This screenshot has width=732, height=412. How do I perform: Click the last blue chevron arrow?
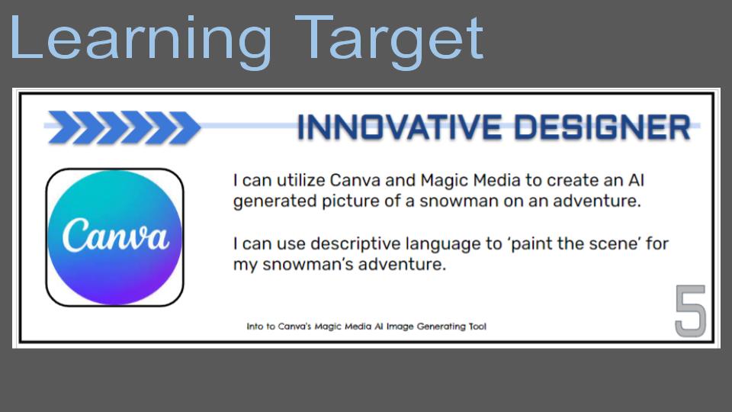click(185, 127)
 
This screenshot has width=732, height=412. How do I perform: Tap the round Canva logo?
click(115, 237)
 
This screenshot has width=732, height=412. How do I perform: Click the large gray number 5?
click(691, 311)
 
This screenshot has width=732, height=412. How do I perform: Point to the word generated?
click(275, 201)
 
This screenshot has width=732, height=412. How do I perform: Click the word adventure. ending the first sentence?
click(597, 201)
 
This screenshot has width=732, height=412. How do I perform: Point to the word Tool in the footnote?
click(477, 326)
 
